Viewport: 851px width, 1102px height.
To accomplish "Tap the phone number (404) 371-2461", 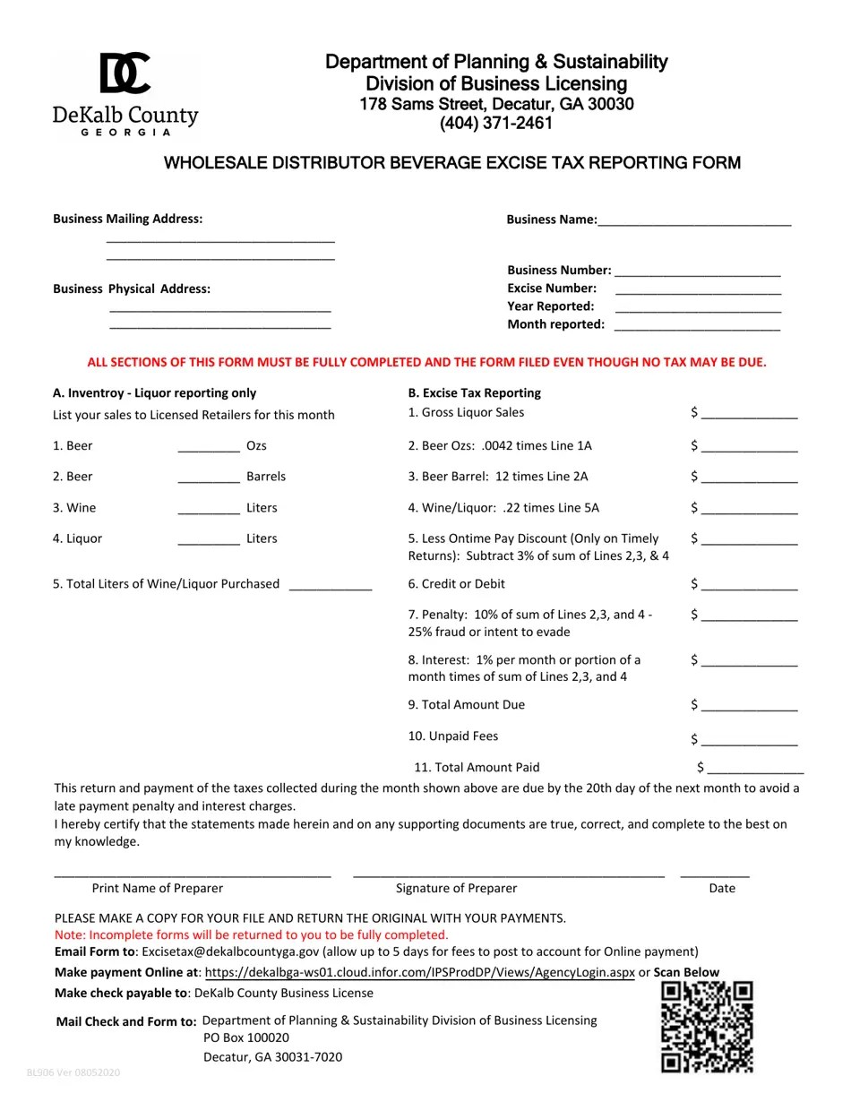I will tap(495, 124).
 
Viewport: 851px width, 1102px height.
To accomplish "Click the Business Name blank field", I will tap(694, 220).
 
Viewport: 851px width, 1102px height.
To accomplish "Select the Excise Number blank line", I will tap(698, 288).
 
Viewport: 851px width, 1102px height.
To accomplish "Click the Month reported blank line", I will tap(697, 324).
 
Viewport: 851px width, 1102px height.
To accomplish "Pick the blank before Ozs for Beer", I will tap(209, 445).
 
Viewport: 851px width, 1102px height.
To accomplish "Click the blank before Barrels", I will tap(209, 477).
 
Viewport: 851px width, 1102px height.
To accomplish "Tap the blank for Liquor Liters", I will tap(209, 538).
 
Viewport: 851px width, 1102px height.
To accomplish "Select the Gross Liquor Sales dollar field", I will tap(749, 413).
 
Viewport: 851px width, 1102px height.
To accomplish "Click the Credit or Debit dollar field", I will tap(749, 584).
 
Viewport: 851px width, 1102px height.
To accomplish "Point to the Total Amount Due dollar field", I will tap(749, 705).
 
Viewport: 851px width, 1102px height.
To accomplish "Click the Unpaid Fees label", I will tap(453, 736).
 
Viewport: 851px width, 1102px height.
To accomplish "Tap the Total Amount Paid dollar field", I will tap(755, 768).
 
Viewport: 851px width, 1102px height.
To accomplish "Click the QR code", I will tap(707, 1027).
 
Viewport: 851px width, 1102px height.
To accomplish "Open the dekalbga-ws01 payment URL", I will tap(419, 972).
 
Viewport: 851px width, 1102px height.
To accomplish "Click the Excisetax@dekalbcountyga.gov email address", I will tap(230, 951).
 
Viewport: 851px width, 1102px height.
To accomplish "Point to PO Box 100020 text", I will tap(246, 1037).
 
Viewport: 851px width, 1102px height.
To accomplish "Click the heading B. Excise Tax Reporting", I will tap(475, 393).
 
